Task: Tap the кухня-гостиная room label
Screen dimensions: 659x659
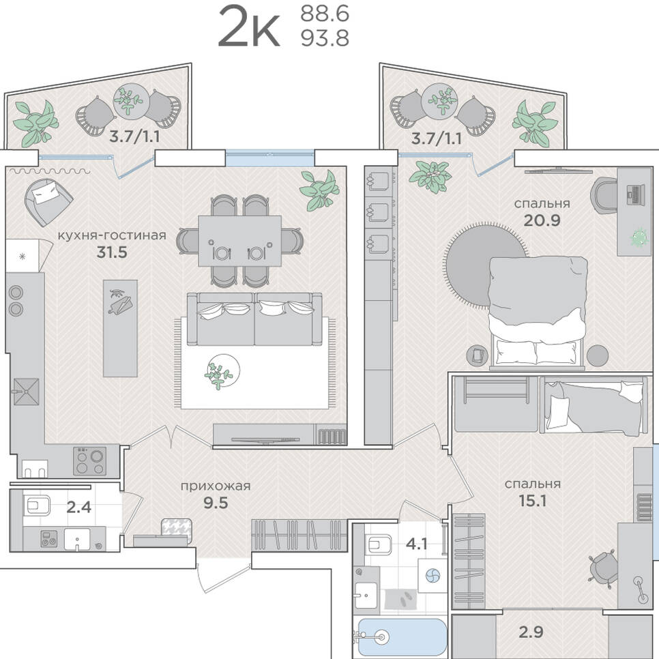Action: [x=112, y=235]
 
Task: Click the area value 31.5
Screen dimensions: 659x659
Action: [x=112, y=252]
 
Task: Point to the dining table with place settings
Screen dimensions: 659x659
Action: [x=239, y=241]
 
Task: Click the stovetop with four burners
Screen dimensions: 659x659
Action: [x=90, y=460]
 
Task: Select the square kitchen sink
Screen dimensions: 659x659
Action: [x=26, y=392]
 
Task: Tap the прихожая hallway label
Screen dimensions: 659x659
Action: [x=216, y=486]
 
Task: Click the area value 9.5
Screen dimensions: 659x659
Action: [x=216, y=503]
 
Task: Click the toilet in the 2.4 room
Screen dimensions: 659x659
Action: [x=37, y=506]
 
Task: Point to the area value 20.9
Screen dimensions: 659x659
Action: [x=542, y=220]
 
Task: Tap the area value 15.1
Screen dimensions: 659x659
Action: [x=532, y=501]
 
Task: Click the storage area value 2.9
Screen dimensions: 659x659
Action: [x=531, y=632]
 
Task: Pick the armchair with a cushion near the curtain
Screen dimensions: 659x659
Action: [x=48, y=201]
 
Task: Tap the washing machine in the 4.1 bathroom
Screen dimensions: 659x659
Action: [x=433, y=576]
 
